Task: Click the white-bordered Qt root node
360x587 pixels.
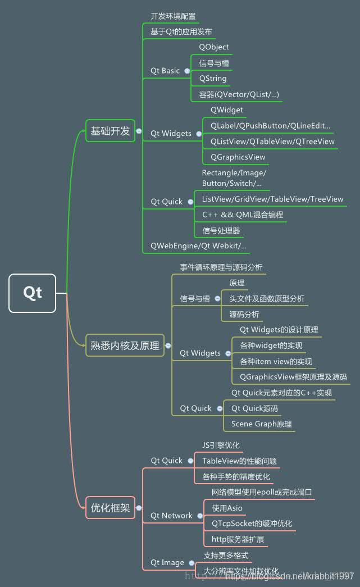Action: pos(33,293)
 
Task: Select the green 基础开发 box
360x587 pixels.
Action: pos(110,131)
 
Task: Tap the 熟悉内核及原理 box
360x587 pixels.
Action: pos(125,345)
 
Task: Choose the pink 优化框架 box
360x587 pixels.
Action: pos(110,508)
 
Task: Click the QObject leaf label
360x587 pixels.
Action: pos(214,47)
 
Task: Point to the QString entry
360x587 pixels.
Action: pos(213,79)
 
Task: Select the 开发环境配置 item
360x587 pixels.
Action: pos(173,16)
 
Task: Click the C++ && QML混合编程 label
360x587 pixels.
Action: pos(243,215)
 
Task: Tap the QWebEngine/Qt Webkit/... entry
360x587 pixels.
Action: pos(199,246)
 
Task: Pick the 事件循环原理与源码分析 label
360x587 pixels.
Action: pos(221,267)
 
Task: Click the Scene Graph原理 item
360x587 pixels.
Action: pos(262,424)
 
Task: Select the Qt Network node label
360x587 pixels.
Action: pos(171,516)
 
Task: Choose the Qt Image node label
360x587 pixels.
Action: pos(167,563)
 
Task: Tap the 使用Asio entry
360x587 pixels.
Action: pos(227,508)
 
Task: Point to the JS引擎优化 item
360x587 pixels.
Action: pos(221,445)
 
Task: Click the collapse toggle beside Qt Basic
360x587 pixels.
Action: pos(187,71)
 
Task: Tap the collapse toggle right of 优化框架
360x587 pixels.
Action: pos(139,508)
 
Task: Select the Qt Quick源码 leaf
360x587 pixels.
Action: pos(254,408)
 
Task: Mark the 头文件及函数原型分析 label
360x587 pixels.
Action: pos(267,299)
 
